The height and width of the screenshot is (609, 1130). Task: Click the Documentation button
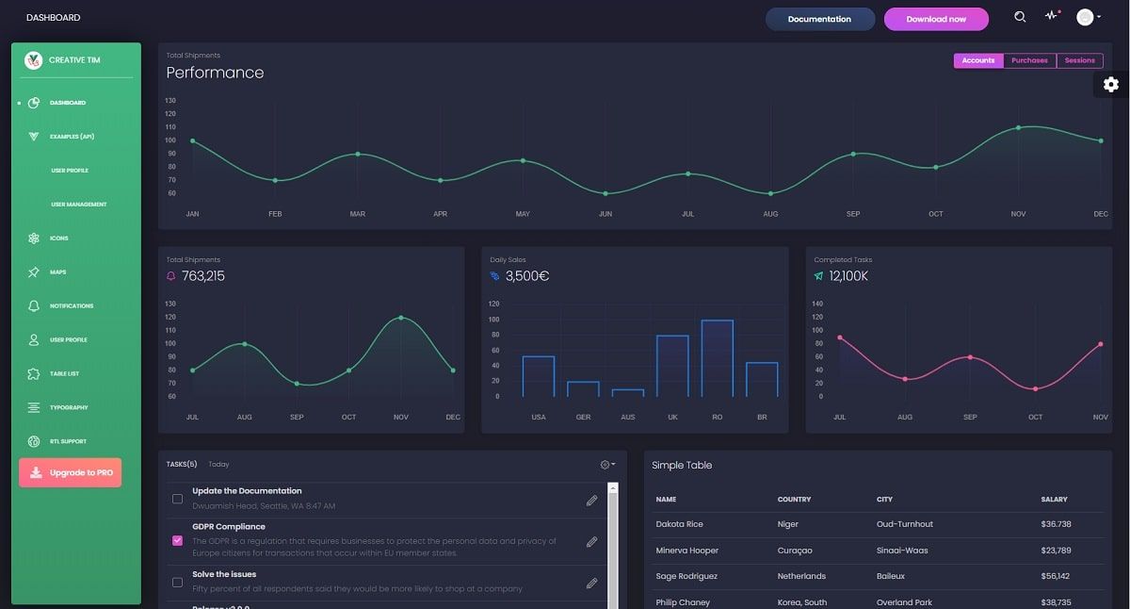819,19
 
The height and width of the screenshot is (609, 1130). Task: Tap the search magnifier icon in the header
1020,17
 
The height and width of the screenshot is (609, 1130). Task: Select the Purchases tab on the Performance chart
1029,60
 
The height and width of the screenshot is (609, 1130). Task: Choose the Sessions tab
1079,60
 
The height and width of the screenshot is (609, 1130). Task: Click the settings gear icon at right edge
1111,85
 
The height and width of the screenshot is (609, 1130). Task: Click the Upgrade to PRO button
71,472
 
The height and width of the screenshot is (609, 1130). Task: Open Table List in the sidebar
64,374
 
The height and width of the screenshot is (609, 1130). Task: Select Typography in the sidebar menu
69,408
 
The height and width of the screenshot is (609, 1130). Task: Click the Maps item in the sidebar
57,272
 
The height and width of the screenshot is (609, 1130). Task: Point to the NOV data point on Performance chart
1018,127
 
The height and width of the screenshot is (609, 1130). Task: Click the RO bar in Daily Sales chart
718,358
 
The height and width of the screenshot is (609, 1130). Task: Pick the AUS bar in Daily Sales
628,392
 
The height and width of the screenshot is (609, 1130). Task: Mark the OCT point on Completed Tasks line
1035,388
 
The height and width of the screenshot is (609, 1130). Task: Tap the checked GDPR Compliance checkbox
177,541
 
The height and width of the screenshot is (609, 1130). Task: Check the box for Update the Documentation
177,499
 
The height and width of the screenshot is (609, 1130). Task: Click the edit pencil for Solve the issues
591,584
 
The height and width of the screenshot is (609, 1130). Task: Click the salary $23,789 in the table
1056,551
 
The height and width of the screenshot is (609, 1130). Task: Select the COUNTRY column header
794,500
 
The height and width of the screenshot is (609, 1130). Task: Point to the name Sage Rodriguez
686,576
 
